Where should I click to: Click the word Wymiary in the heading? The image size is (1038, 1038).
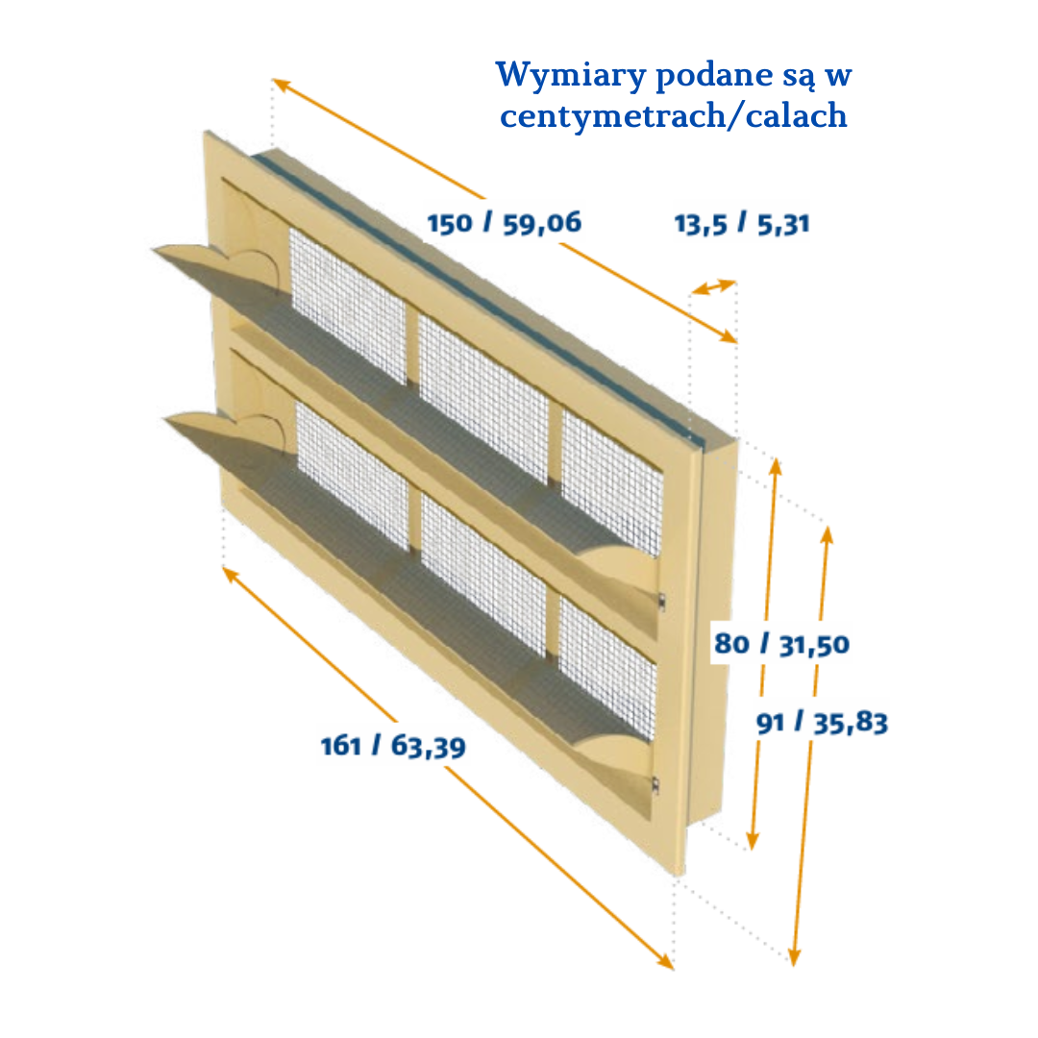[570, 76]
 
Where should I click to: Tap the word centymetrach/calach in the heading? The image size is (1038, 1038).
[673, 115]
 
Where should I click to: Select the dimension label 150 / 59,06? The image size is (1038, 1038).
[505, 223]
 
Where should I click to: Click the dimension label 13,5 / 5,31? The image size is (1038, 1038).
[742, 224]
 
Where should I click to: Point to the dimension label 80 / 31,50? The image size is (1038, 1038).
[781, 644]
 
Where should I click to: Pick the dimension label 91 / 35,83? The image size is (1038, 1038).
[822, 722]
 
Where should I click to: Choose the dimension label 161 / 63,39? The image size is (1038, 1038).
[393, 746]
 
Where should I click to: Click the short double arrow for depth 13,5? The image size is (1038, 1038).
[713, 287]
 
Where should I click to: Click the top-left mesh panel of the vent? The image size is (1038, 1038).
[348, 305]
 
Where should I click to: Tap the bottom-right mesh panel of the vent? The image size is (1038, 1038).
[607, 667]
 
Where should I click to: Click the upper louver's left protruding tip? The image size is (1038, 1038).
[154, 250]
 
